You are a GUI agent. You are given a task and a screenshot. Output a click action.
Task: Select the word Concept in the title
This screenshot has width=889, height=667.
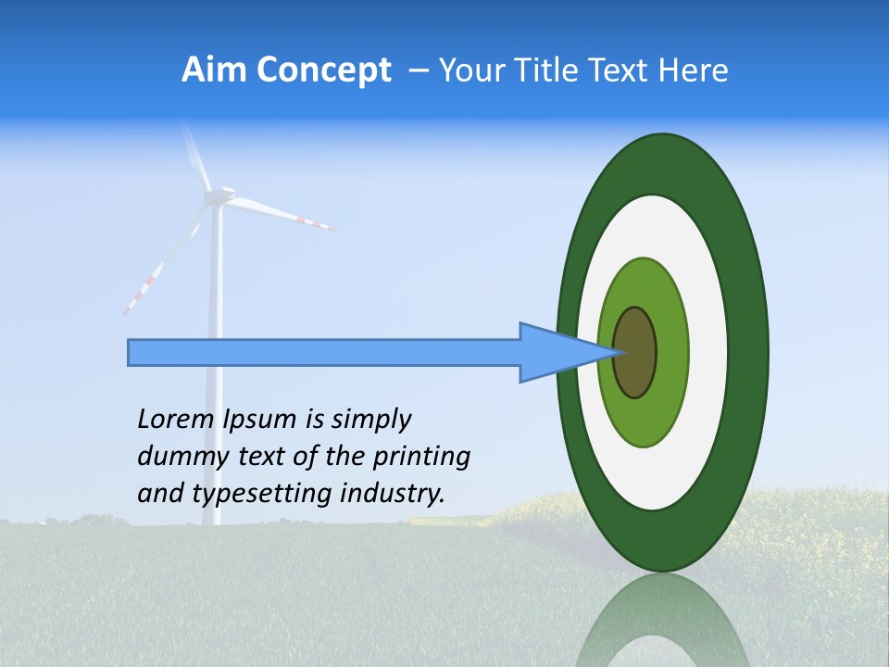click(x=322, y=70)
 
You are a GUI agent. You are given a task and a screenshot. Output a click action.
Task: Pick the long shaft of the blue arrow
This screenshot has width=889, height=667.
click(x=324, y=353)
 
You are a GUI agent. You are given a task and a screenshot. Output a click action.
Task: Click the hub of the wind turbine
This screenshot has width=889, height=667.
click(x=219, y=195)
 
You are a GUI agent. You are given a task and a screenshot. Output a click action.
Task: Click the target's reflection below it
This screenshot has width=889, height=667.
click(x=661, y=621)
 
